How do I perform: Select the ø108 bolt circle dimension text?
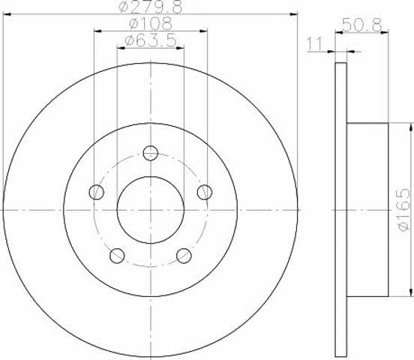pyautogui.click(x=151, y=23)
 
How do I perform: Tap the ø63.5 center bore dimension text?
pyautogui.click(x=151, y=40)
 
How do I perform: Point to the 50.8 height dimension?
pyautogui.click(x=362, y=25)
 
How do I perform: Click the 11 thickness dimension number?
pyautogui.click(x=314, y=44)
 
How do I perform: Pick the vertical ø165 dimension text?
pyautogui.click(x=404, y=210)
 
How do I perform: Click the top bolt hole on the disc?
pyautogui.click(x=151, y=153)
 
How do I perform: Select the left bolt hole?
pyautogui.click(x=97, y=192)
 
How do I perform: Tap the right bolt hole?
pyautogui.click(x=205, y=192)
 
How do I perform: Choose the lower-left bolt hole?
pyautogui.click(x=117, y=256)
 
